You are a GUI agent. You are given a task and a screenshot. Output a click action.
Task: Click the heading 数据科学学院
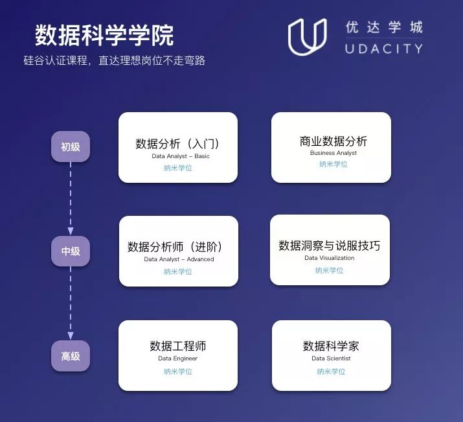click(104, 36)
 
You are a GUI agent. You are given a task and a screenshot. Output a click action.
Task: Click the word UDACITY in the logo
click(384, 49)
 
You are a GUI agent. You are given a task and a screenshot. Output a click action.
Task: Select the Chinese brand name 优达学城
click(384, 27)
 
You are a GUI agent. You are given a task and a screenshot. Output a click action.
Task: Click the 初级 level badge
click(71, 147)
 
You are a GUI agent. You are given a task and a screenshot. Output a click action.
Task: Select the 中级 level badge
click(71, 251)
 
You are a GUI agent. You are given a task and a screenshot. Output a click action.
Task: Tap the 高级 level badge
click(71, 356)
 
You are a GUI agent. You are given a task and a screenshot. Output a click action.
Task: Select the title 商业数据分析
click(333, 141)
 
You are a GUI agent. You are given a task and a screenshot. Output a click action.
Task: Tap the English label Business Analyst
click(333, 153)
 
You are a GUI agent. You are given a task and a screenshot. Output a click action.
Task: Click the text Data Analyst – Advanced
click(179, 259)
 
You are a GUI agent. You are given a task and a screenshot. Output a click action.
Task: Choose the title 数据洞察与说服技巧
click(330, 246)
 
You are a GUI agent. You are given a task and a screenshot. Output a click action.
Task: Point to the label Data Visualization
click(330, 258)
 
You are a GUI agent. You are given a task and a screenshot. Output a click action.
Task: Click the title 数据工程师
click(178, 346)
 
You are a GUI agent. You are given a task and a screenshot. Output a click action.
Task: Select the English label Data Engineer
click(178, 358)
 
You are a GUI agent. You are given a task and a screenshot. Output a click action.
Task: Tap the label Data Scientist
click(331, 358)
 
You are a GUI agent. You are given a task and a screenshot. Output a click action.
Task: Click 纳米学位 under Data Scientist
click(331, 371)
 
